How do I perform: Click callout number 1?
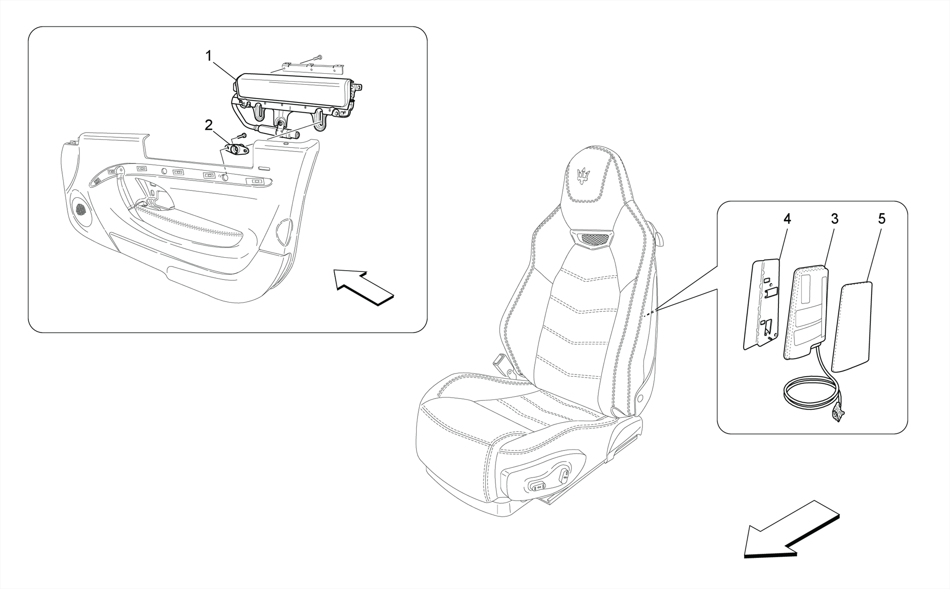tap(209, 57)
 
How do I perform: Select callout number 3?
tap(834, 219)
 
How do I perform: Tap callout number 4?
tap(787, 219)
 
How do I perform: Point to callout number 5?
tap(881, 219)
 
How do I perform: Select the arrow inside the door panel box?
tap(364, 288)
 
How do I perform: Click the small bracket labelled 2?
tap(237, 150)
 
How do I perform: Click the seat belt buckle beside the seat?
tap(502, 361)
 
